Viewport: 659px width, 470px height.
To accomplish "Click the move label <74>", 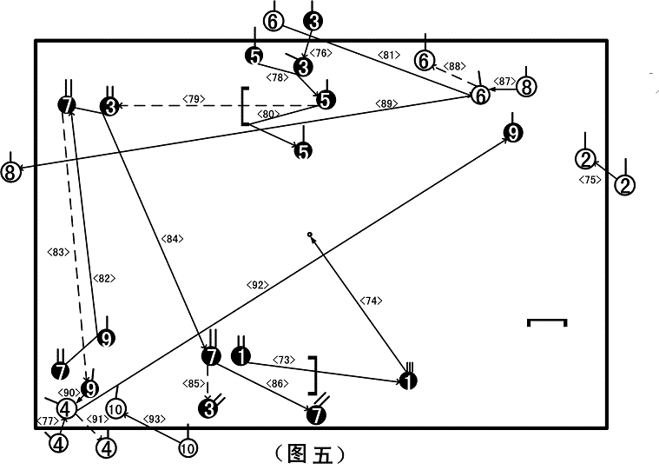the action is click(371, 301).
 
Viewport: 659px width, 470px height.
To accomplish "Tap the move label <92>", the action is click(257, 285).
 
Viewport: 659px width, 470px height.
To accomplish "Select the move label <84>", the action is click(172, 239).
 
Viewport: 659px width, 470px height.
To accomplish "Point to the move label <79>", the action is click(194, 99).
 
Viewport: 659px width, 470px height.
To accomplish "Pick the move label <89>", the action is click(386, 103).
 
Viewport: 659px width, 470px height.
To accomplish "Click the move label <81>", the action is click(389, 55).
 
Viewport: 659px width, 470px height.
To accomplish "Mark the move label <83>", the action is click(58, 252).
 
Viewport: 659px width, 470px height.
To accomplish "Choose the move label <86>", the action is click(277, 383).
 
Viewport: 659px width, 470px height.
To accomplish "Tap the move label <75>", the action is click(590, 180).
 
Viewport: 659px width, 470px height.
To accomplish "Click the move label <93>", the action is click(155, 419).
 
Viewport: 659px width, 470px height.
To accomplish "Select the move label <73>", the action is click(284, 361).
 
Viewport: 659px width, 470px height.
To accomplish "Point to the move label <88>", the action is click(455, 66).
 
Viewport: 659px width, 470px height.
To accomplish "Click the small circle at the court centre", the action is click(310, 235).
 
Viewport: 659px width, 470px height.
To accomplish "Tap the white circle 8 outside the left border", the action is click(10, 171).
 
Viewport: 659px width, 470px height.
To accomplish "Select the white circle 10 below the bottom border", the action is click(188, 448).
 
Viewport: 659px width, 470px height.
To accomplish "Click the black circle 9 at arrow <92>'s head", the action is click(513, 133).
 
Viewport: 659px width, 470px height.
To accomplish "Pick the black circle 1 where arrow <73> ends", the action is click(408, 381).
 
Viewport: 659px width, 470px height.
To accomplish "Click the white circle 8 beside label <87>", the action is click(526, 87).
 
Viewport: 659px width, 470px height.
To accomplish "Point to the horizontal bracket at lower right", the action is click(547, 321).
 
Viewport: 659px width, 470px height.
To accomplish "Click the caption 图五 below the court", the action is click(310, 454).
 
